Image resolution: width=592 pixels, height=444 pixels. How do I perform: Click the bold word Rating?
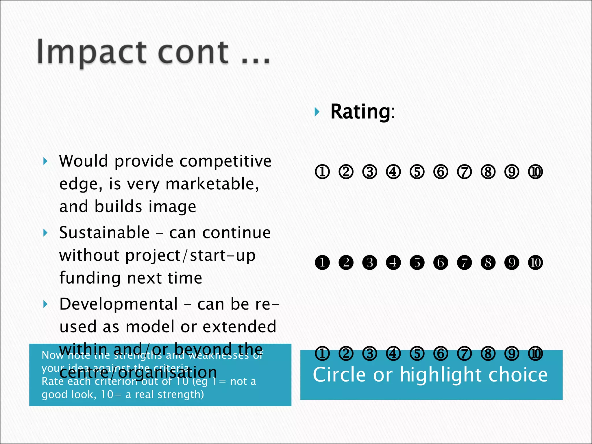point(360,112)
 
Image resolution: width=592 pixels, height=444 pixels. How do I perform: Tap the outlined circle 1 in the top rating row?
point(322,172)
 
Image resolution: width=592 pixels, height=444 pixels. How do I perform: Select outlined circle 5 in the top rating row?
point(417,172)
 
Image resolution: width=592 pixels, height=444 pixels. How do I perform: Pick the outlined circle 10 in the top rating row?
point(535,172)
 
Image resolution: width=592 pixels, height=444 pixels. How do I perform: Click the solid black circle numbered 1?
point(322,262)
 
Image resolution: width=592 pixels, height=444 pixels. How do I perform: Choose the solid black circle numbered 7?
point(464,262)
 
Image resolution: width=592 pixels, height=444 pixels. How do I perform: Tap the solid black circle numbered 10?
point(535,262)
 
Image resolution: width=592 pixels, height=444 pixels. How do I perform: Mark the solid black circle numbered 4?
point(393,262)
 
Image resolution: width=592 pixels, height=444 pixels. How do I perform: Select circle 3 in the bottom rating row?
point(370,354)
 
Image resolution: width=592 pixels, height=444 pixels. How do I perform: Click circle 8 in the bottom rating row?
point(488,354)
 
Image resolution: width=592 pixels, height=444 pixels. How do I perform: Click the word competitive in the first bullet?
point(225,161)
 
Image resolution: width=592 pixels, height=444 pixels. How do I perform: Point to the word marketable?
point(212,184)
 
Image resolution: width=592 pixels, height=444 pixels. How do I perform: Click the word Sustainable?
point(104,233)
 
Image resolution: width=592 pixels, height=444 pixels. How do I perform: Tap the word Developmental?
point(119,304)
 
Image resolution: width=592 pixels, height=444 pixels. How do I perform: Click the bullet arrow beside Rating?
point(317,112)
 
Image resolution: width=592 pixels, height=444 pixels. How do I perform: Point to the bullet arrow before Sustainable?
point(45,233)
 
